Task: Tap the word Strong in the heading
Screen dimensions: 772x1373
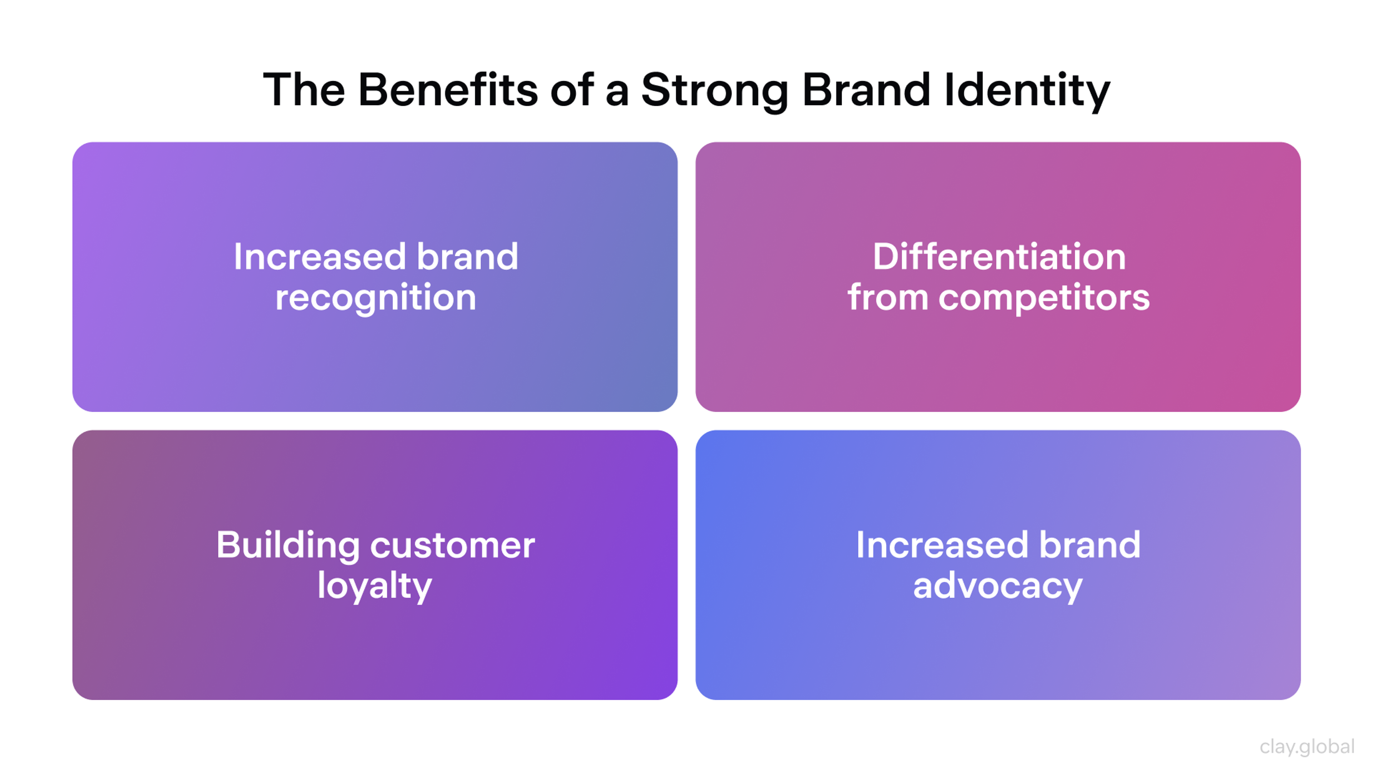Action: click(714, 90)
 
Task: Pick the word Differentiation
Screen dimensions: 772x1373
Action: click(999, 257)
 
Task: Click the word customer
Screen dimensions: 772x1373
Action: click(453, 545)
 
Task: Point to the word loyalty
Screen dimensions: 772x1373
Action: click(375, 586)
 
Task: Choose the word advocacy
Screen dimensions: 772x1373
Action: click(998, 587)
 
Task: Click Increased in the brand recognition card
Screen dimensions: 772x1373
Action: click(320, 257)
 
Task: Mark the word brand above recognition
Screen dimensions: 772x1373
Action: click(467, 257)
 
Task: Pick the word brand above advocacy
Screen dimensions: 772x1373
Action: click(1090, 545)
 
